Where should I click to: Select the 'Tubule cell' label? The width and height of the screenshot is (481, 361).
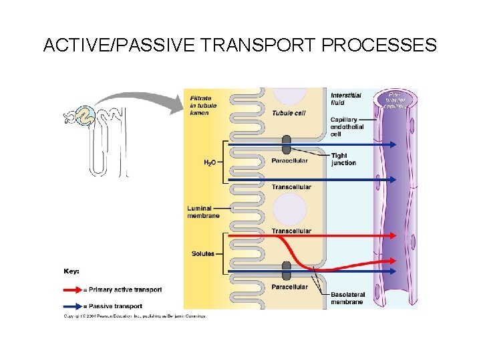click(289, 113)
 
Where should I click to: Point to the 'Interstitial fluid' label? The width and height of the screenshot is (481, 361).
click(346, 99)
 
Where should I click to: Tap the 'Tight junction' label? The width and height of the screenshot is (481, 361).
click(343, 159)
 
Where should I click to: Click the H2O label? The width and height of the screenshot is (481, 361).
click(209, 162)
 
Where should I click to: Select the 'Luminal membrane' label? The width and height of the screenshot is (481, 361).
click(203, 212)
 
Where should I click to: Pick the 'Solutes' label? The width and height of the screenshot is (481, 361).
click(202, 254)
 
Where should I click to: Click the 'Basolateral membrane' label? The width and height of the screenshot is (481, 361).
click(346, 297)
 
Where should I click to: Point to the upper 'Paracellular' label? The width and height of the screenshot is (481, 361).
click(289, 160)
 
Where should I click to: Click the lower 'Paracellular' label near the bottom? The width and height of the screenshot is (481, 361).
click(289, 287)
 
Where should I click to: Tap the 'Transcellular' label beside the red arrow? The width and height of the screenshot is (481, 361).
click(291, 231)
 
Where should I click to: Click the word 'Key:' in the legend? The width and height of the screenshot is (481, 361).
click(71, 271)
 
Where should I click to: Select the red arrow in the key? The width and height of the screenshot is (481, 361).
click(73, 290)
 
